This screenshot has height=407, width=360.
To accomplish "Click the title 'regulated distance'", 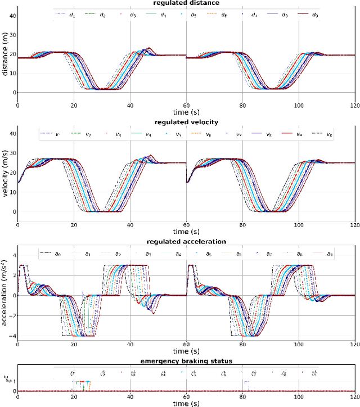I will point(186,3).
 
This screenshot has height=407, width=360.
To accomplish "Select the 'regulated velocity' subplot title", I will point(186,122).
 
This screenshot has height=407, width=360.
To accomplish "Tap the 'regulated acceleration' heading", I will point(186,241).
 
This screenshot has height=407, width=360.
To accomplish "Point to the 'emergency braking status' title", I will point(186,360).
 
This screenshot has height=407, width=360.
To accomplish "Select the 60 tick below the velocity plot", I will point(186,224).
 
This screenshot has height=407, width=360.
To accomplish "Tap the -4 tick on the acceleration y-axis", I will point(11,336).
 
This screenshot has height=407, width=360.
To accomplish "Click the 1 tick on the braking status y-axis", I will point(13,381).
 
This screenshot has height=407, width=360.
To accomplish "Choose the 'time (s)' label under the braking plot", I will point(186,403).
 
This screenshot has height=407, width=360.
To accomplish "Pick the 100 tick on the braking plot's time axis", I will point(298,396).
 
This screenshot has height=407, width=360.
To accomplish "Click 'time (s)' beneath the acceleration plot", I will point(186,351).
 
